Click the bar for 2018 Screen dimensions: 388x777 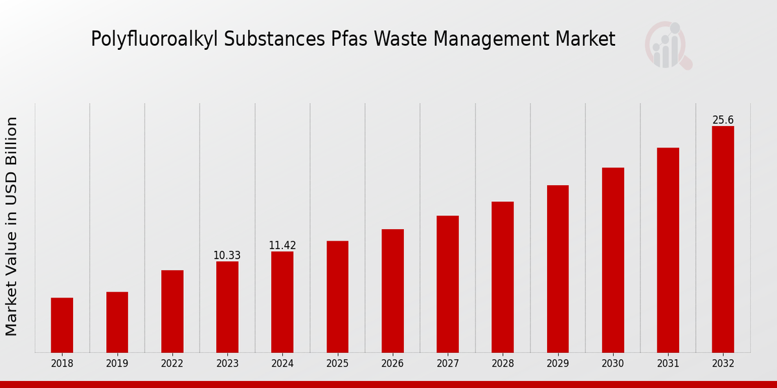click(62, 325)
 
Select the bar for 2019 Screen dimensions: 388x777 click(117, 322)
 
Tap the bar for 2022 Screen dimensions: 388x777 click(172, 311)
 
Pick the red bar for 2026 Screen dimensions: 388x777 click(392, 290)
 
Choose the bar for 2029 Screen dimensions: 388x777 click(557, 268)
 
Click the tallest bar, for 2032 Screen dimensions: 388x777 click(723, 239)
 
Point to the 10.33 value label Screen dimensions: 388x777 click(227, 255)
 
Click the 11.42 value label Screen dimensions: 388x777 click(282, 246)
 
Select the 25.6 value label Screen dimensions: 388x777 click(723, 120)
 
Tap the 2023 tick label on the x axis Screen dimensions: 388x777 click(227, 364)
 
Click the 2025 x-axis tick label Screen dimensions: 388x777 click(337, 364)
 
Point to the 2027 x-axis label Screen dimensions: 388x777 click(447, 364)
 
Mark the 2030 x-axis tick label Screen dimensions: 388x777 click(613, 364)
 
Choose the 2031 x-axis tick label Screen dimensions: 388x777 click(668, 364)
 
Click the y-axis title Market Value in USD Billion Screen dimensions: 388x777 click(12, 226)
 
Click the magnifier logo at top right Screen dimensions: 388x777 click(668, 45)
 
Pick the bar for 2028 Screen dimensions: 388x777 click(502, 277)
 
